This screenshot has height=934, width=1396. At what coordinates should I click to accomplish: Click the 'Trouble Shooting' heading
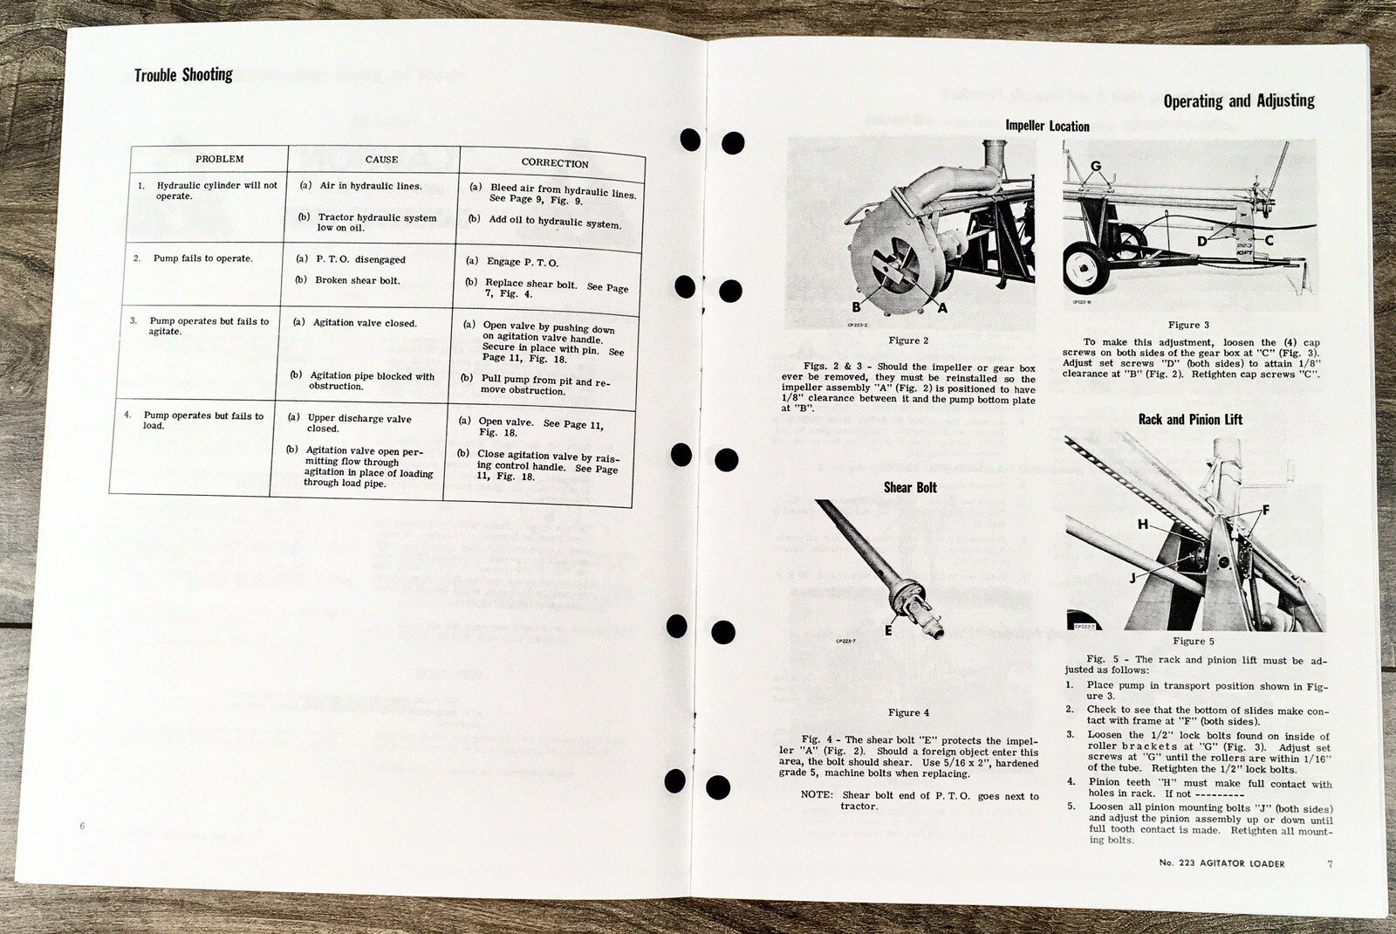tap(183, 75)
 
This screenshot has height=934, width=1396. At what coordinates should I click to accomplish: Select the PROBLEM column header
tap(219, 159)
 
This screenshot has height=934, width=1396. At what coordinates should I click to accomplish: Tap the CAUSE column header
tap(381, 160)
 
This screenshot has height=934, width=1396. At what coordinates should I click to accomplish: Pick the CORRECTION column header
tap(555, 163)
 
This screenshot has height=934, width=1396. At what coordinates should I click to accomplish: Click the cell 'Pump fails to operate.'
tap(202, 258)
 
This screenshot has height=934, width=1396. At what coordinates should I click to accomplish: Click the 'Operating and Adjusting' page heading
tap(1238, 100)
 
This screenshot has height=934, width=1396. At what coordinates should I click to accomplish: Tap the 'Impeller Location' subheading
tap(1047, 126)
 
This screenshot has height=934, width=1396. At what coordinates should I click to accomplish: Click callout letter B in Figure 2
tap(856, 306)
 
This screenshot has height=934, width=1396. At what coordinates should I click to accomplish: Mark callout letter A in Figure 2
tap(942, 307)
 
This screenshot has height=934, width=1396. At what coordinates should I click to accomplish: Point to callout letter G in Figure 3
tap(1096, 166)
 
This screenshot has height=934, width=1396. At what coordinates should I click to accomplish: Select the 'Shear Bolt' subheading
tap(910, 487)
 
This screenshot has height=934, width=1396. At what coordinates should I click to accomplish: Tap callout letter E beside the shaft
tap(888, 629)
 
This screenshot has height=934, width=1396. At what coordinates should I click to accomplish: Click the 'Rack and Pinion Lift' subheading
tap(1190, 419)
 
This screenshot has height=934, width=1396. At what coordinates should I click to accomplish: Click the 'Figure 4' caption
tap(908, 712)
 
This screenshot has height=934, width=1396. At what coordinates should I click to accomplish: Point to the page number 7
tap(1330, 864)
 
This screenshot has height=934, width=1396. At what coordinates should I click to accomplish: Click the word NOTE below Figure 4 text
tap(817, 795)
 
